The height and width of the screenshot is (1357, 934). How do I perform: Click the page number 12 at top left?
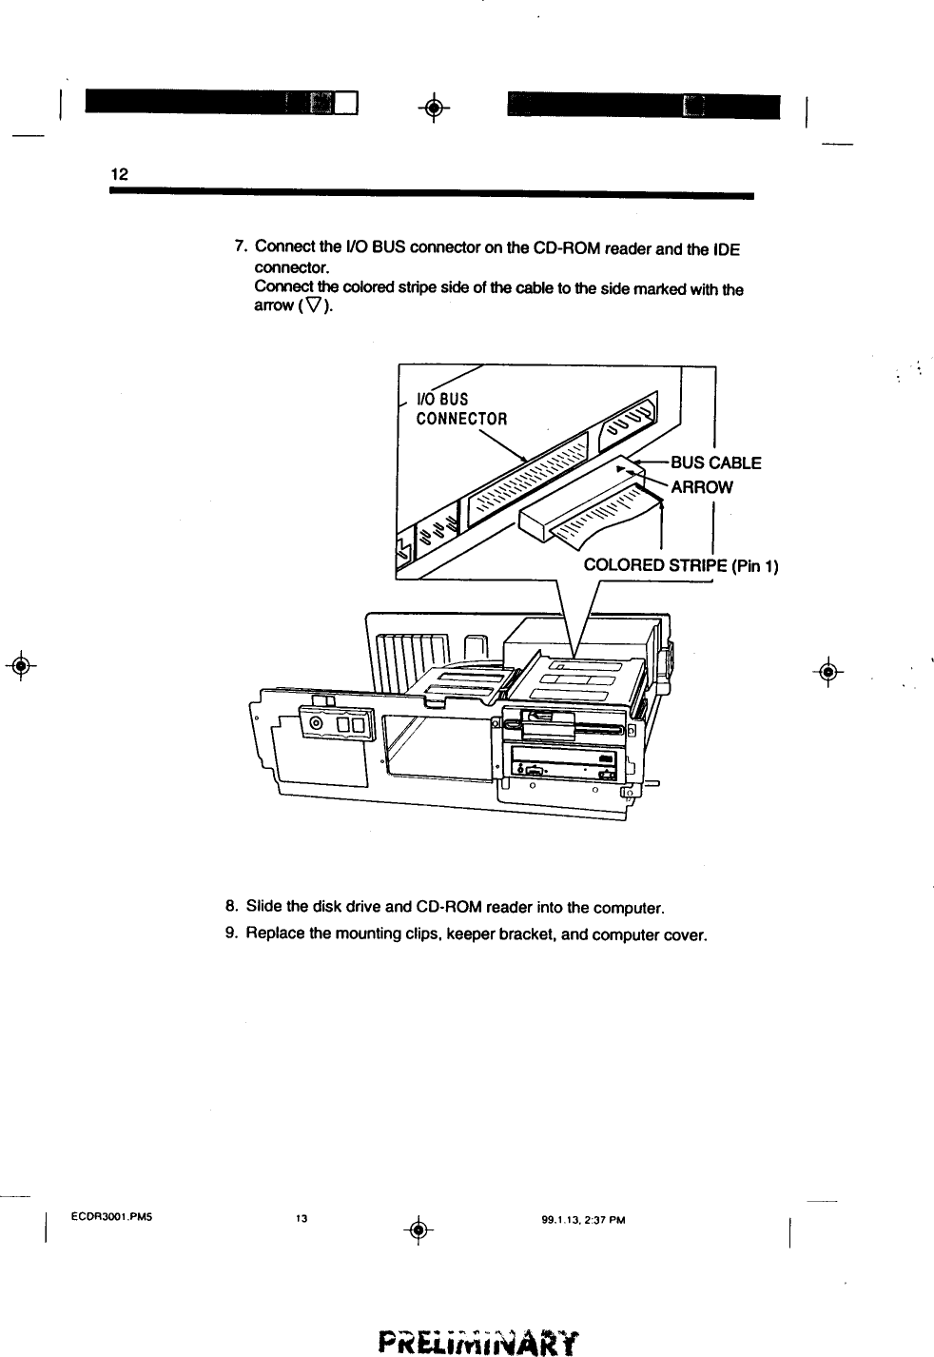(x=119, y=174)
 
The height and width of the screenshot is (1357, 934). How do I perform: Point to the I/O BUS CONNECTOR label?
(x=461, y=408)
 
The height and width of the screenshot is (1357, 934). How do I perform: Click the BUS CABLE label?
(x=715, y=463)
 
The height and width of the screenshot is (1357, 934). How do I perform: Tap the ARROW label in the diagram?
(x=702, y=487)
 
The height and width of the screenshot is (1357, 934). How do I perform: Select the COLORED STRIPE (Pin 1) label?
(x=681, y=566)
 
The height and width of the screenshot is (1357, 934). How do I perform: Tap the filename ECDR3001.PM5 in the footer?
(x=112, y=1216)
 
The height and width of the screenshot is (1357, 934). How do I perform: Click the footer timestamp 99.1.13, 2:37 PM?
(x=576, y=1217)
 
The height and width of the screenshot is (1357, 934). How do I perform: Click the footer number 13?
(x=302, y=1217)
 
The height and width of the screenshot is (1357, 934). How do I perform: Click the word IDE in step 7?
(x=726, y=249)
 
